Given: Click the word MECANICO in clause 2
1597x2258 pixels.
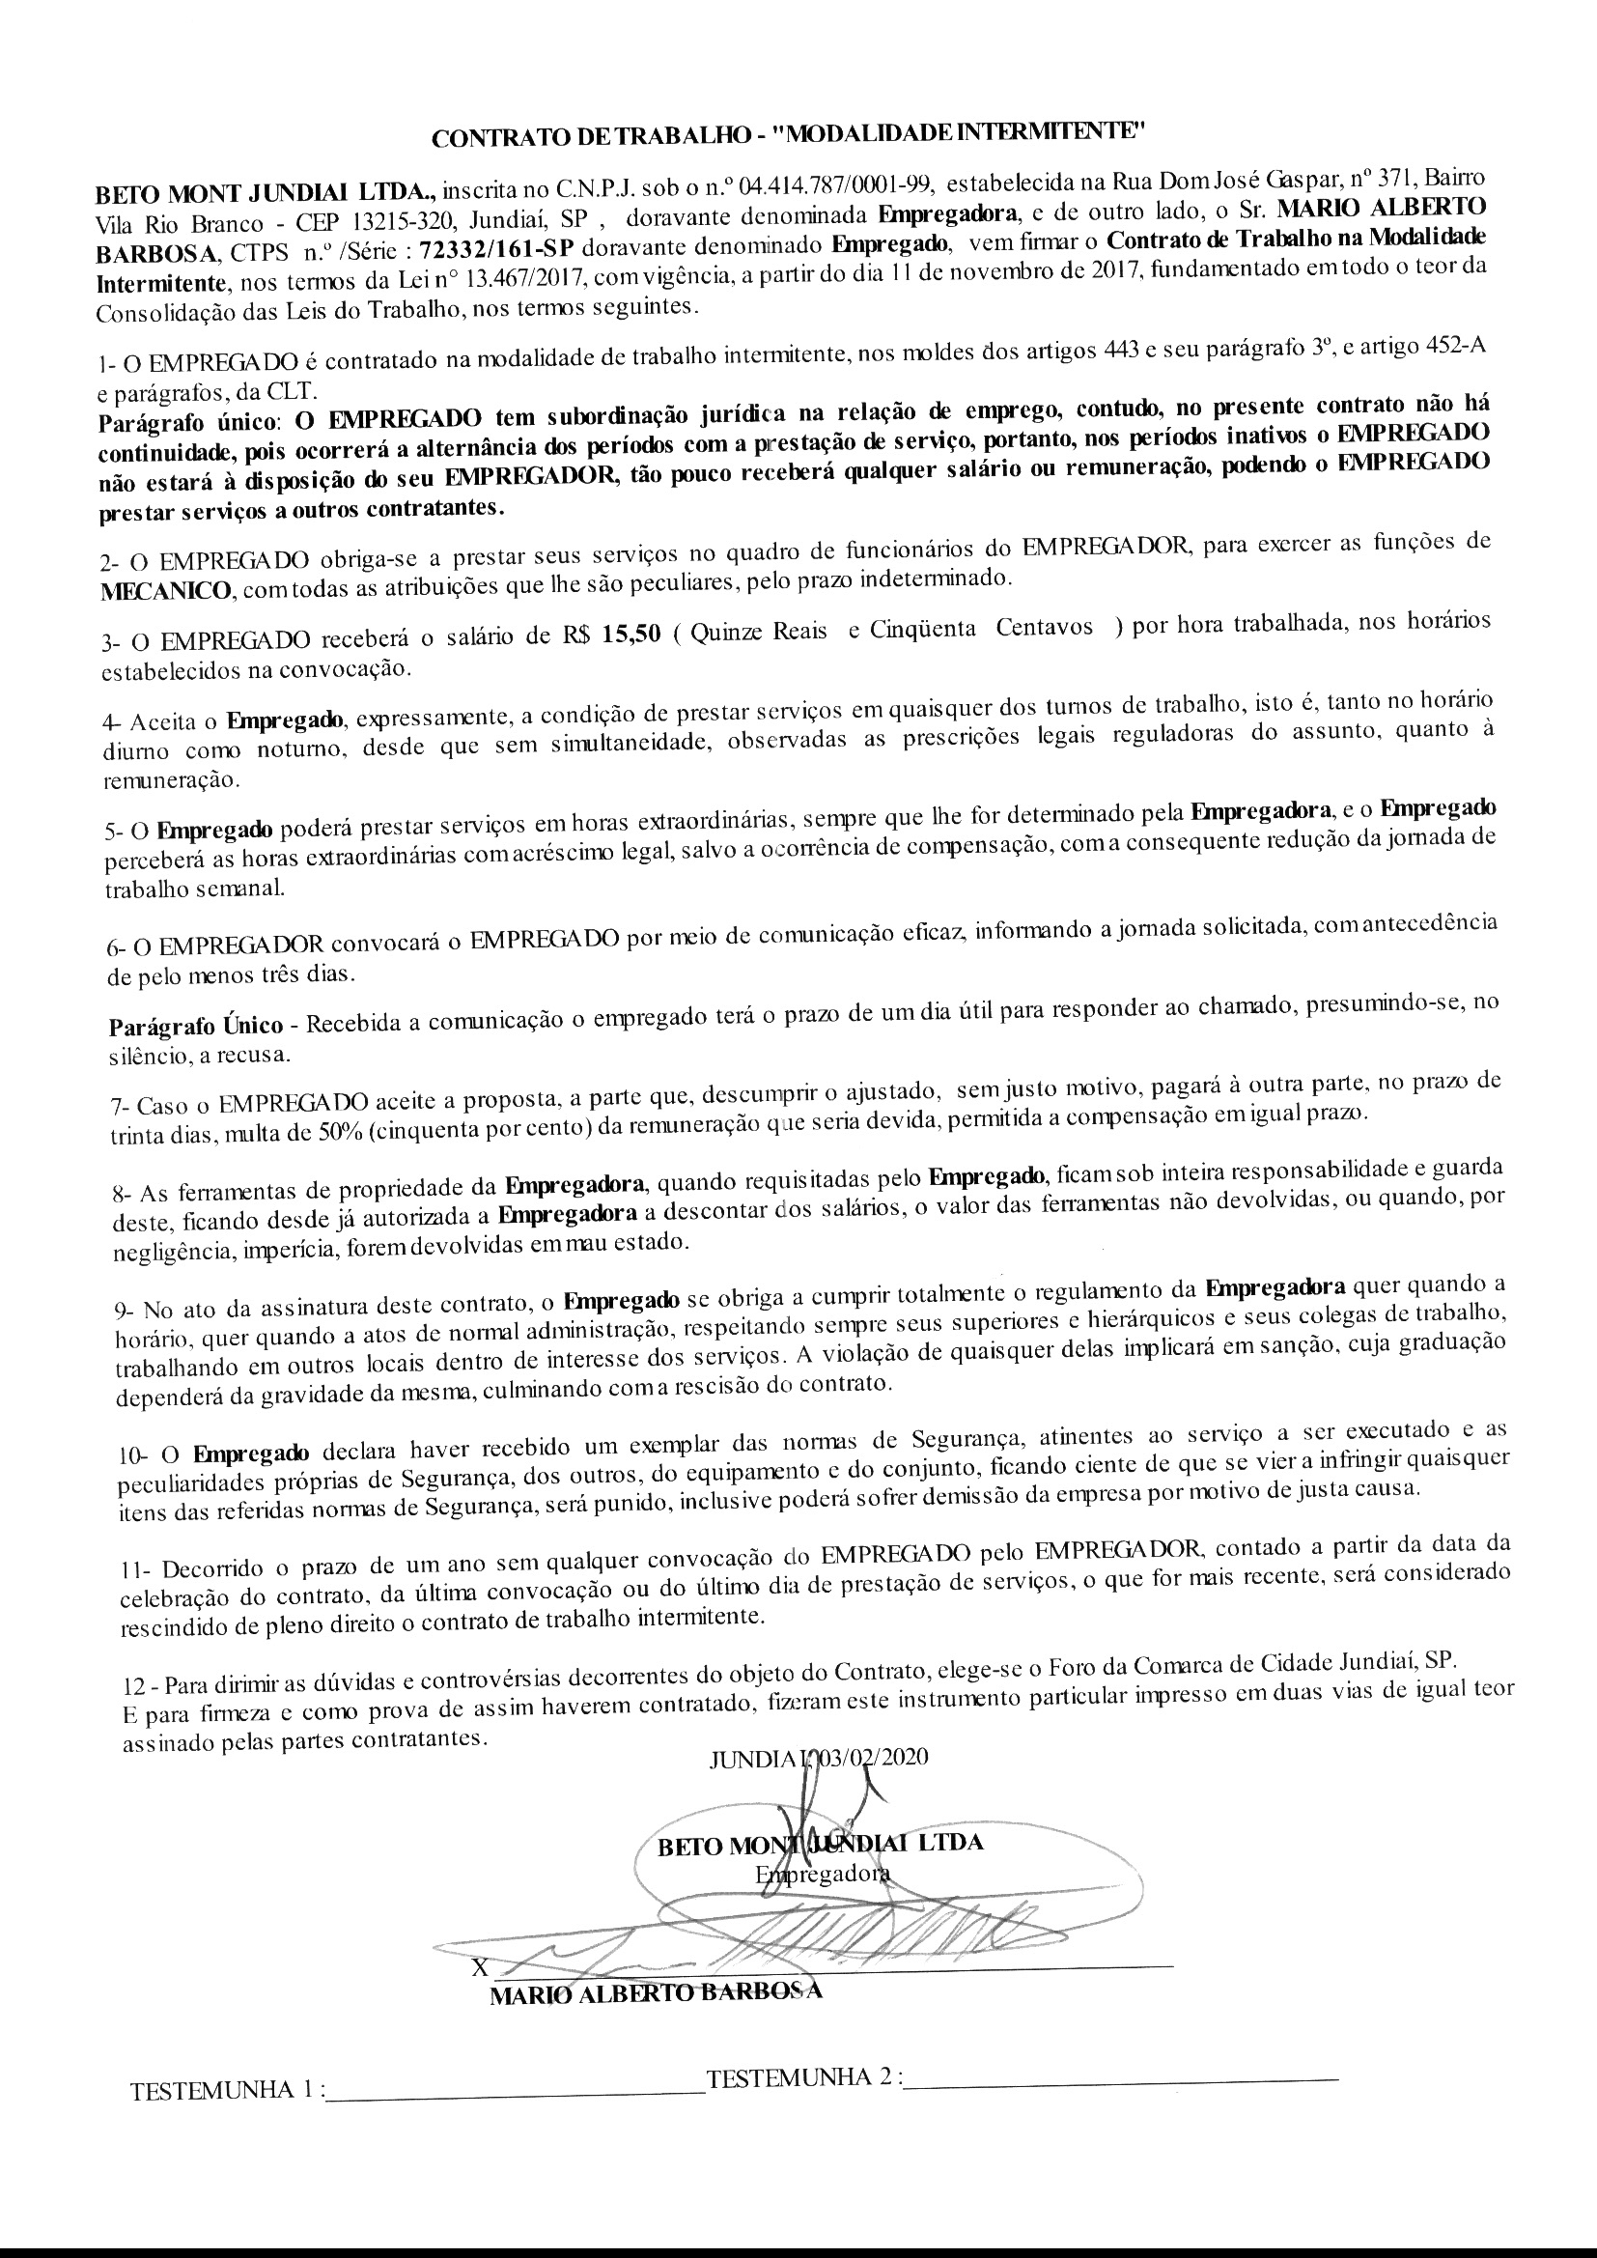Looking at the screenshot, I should click(167, 591).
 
